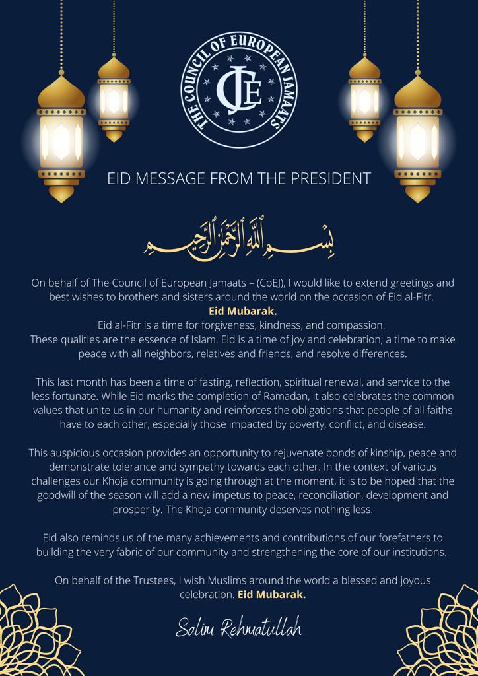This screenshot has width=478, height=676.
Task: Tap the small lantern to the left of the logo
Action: [x=114, y=99]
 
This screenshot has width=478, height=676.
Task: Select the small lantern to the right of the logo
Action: [x=364, y=99]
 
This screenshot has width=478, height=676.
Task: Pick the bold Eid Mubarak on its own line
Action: [x=238, y=310]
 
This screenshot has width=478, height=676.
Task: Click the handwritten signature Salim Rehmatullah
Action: [x=238, y=628]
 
